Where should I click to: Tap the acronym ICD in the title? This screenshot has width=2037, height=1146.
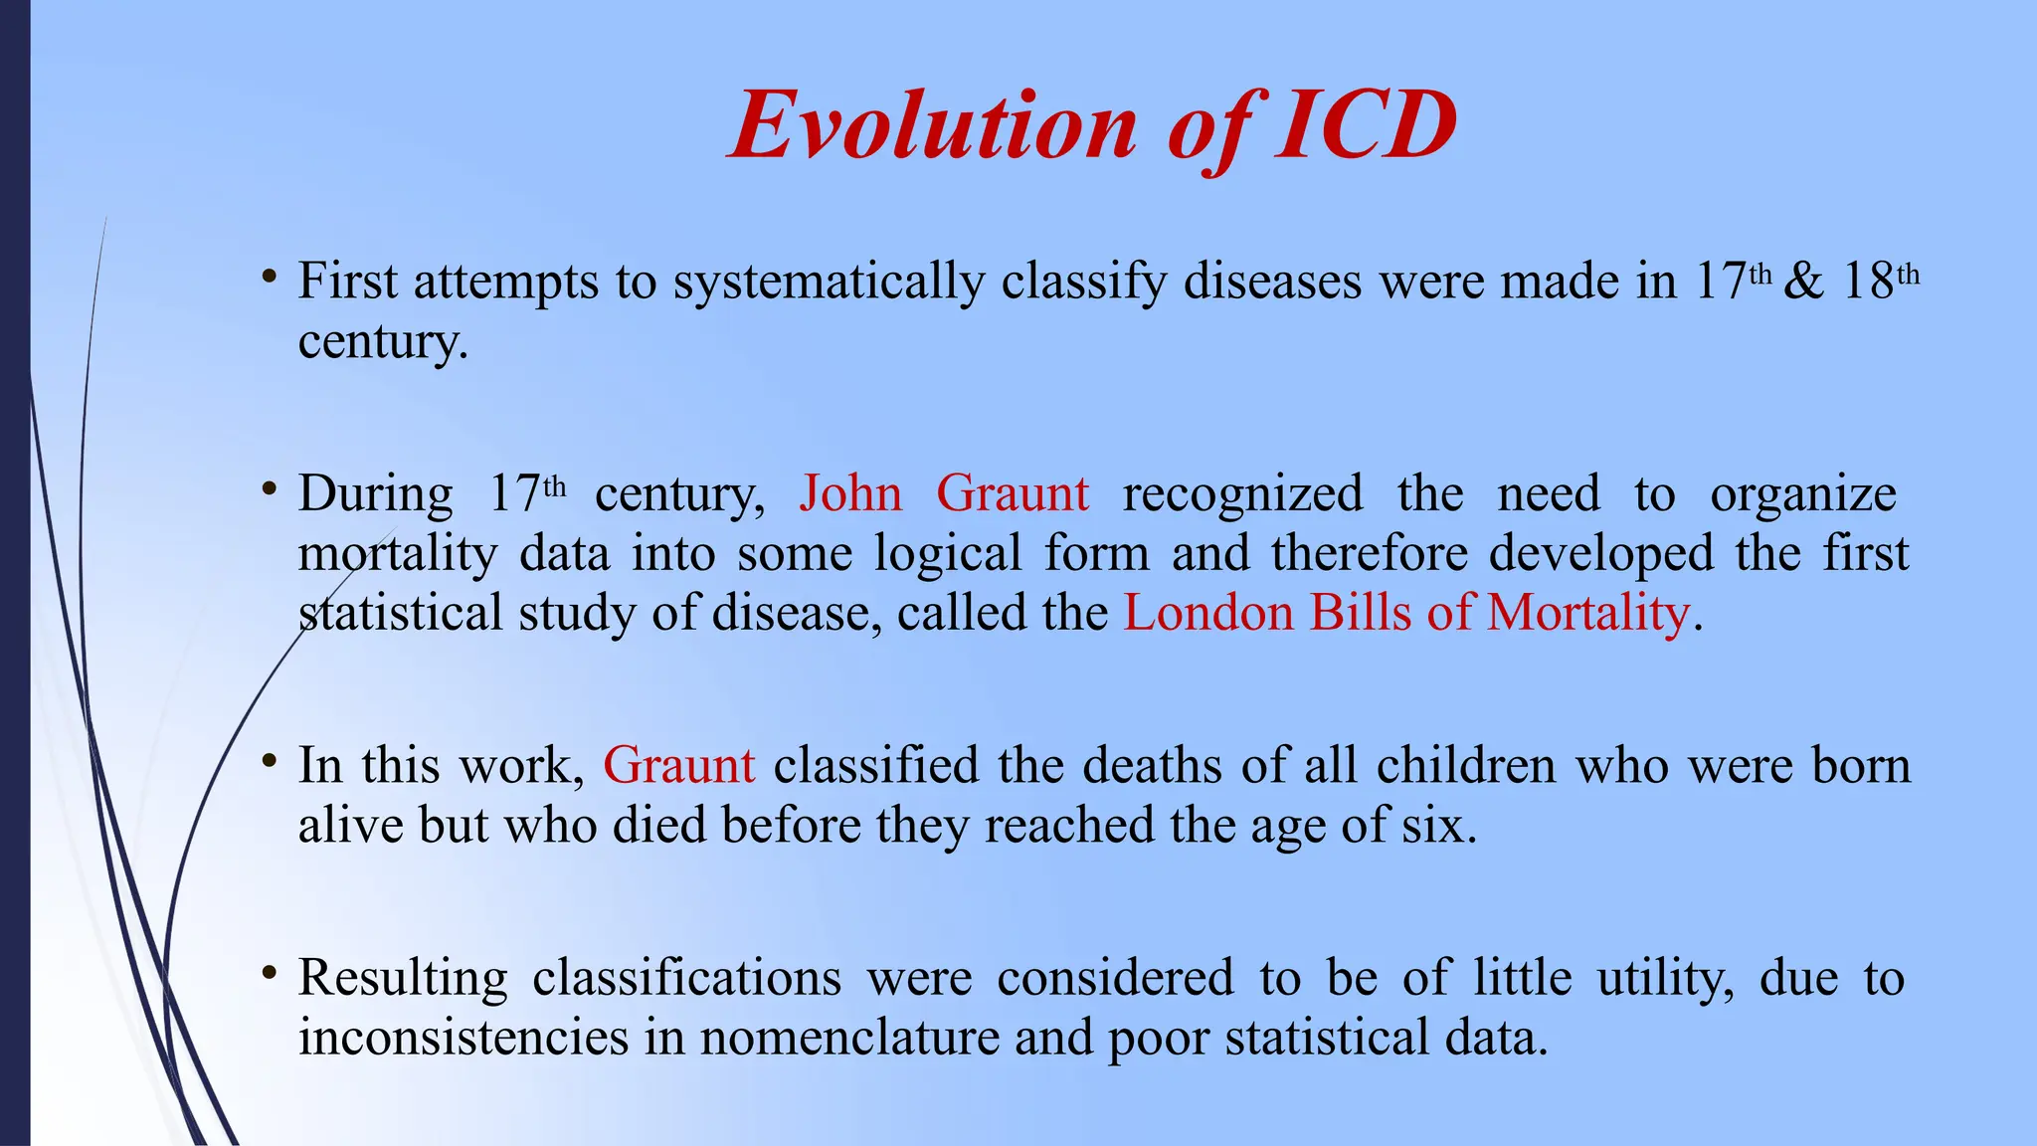coord(1367,126)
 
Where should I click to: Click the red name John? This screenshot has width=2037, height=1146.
coord(850,493)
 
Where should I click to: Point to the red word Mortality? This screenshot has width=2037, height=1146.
coord(1588,613)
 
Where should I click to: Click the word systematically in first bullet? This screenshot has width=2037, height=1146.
coord(829,282)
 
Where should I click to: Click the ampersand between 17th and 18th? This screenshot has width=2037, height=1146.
coord(1803,282)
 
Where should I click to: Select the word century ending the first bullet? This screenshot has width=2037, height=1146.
coord(381,343)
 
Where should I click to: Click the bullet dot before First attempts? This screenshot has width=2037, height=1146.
coord(269,277)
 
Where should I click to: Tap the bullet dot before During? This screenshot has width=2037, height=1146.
coord(269,488)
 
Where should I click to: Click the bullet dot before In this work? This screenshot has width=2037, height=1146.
coord(269,761)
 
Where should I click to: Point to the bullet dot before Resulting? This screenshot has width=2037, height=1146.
coord(269,973)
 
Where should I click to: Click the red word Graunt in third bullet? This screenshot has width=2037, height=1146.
coord(679,766)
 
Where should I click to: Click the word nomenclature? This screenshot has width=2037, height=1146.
coord(849,1039)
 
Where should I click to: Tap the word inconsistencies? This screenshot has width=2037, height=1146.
coord(463,1039)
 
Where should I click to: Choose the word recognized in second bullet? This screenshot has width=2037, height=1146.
coord(1242,493)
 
